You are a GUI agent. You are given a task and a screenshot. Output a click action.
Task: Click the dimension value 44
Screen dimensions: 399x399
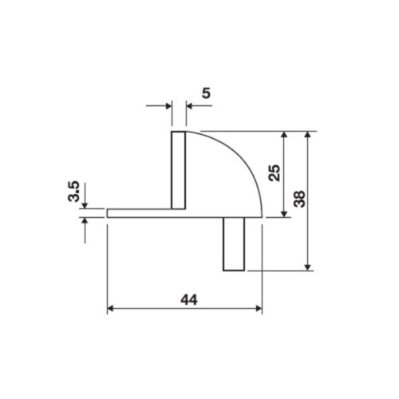(x=189, y=300)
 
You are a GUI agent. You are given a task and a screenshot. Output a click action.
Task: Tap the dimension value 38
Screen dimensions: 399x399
(x=300, y=199)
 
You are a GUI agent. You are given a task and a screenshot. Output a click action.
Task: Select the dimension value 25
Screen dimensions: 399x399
(x=275, y=173)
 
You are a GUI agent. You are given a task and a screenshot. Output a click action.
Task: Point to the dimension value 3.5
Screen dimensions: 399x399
(x=73, y=192)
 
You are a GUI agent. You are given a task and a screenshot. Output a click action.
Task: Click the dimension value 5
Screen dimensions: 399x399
(x=206, y=93)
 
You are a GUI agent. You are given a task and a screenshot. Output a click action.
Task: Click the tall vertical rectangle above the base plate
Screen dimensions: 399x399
(x=178, y=170)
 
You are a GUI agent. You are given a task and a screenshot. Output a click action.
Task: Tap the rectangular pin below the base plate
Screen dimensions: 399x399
(x=234, y=244)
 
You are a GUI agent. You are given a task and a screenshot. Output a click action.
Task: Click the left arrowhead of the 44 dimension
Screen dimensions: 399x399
(x=110, y=309)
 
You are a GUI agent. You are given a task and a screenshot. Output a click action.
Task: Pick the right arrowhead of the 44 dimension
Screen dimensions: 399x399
(x=259, y=309)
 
